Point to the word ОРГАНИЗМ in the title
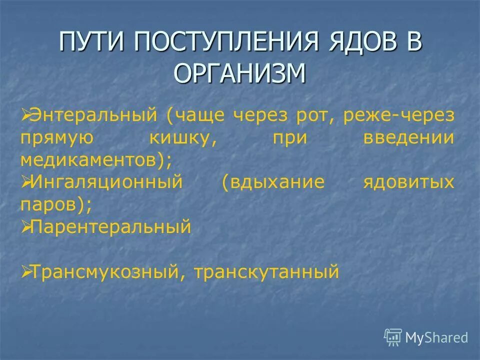[239, 73]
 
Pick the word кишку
[182, 137]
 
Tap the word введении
[409, 137]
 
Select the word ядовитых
[409, 182]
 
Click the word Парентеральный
[110, 227]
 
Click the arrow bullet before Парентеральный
[26, 227]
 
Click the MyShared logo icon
[393, 337]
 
